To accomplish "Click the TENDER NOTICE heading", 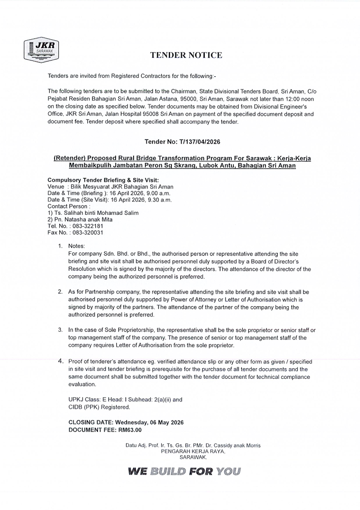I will [186, 55].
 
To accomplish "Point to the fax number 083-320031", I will [88, 233].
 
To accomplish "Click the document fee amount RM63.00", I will [130, 430].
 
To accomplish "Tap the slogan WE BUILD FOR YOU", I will [184, 472].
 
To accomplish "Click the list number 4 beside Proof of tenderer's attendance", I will [61, 361].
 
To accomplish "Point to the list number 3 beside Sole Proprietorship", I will [60, 330].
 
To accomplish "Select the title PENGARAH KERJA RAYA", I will [193, 451].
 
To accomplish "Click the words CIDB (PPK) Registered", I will [99, 407].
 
